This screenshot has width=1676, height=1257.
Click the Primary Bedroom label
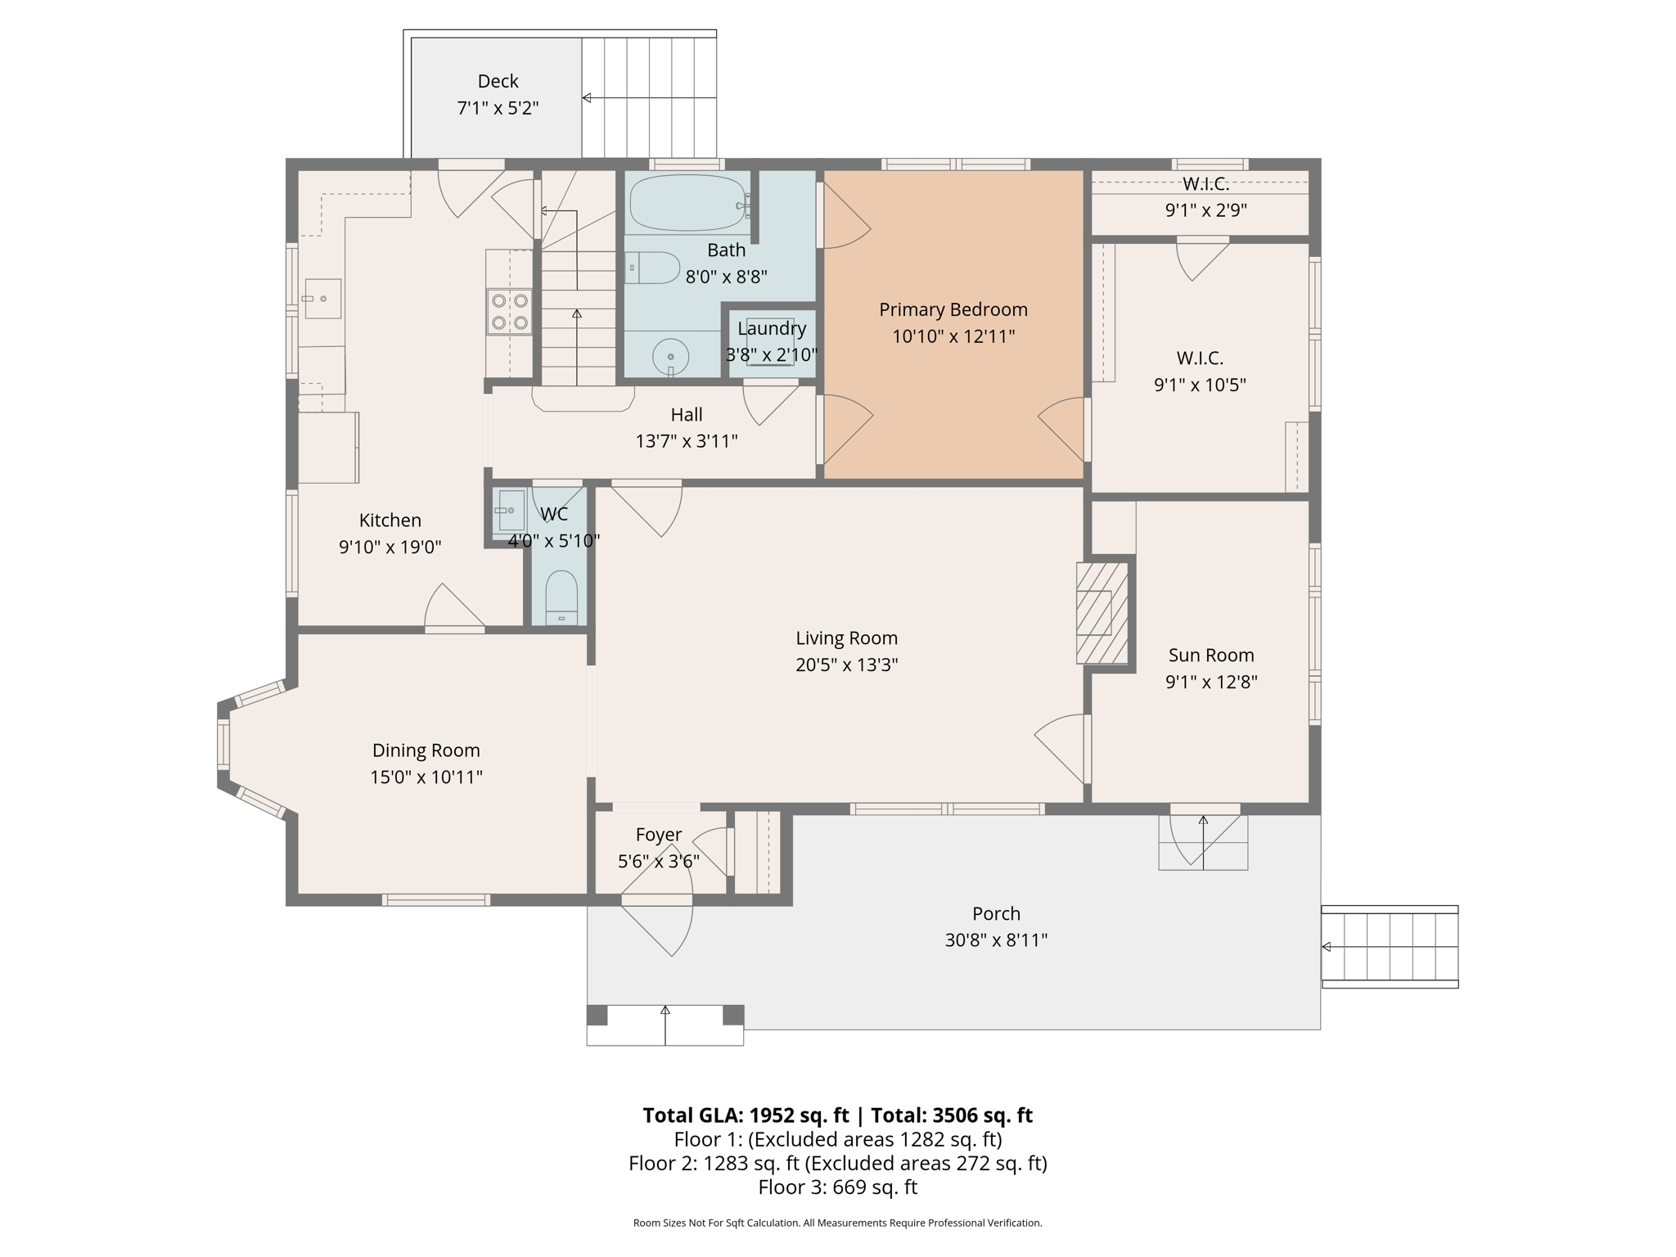click(953, 310)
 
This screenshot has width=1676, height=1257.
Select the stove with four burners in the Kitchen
click(509, 312)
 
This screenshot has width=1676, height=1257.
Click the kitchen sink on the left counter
click(322, 299)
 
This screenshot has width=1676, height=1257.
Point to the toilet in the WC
click(561, 597)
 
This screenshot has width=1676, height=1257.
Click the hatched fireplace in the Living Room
click(1102, 613)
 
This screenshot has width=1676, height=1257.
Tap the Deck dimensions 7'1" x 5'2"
click(498, 108)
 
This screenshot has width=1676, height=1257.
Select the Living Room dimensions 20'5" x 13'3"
click(847, 665)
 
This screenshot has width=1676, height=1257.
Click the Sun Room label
click(1211, 656)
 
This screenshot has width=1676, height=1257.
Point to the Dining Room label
click(426, 750)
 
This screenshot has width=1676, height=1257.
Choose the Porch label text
click(997, 913)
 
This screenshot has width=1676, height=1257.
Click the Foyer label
click(659, 835)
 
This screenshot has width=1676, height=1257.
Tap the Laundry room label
click(772, 329)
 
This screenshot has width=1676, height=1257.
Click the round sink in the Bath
click(670, 357)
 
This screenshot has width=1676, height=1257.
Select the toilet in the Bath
click(652, 268)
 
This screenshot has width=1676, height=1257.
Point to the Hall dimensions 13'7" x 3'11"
click(687, 442)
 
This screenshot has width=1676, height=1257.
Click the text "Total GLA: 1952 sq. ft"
click(746, 1115)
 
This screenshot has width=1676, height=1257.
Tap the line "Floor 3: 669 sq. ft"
click(838, 1187)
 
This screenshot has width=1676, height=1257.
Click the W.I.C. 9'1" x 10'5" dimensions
click(1201, 385)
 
